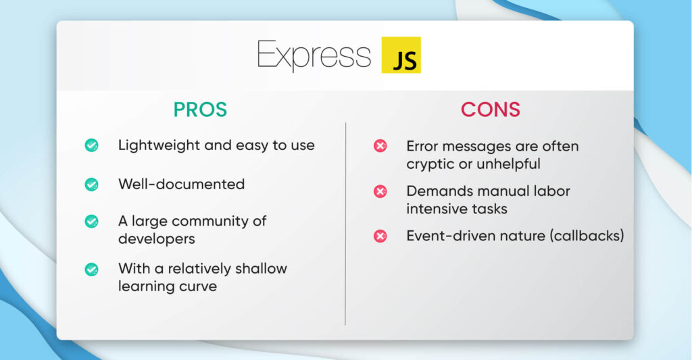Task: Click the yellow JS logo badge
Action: point(401,55)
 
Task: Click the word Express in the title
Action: point(314,55)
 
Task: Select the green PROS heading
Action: point(200,109)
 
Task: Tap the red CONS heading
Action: point(491,109)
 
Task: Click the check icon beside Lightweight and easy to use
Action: point(91,145)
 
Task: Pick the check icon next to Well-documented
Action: point(91,184)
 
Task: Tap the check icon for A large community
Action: point(91,222)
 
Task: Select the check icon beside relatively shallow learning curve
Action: point(91,269)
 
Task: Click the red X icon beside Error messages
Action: point(380,146)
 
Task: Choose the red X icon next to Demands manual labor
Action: point(380,192)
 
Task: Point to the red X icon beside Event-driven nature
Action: point(380,236)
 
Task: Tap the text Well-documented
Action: point(181,184)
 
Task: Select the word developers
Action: point(157,238)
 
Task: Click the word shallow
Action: point(262,268)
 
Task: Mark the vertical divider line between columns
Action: point(345,223)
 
